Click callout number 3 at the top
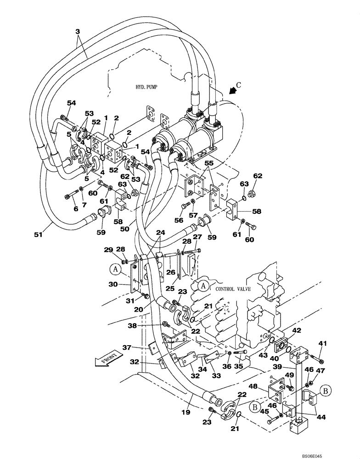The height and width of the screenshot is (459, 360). coord(77,31)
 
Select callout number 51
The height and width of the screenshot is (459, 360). coord(38,235)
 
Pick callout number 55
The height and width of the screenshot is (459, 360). coord(209,163)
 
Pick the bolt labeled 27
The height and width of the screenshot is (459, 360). coord(193,251)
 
